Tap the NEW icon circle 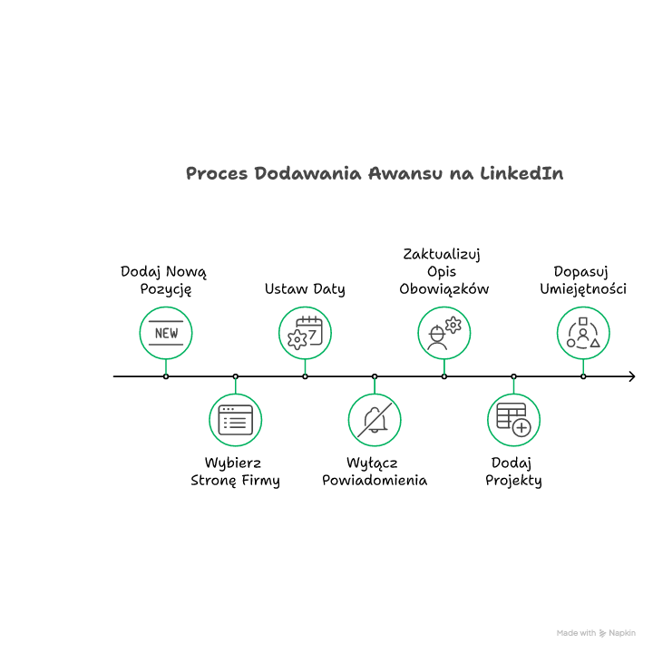click(x=166, y=333)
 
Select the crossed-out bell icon click(x=375, y=420)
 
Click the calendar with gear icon click(x=305, y=333)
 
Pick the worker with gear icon click(x=444, y=333)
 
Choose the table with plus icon click(x=513, y=420)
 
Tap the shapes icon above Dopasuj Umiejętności click(x=583, y=333)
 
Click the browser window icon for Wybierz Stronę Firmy click(x=235, y=420)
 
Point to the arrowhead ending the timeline click(x=630, y=375)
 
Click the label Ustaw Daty click(x=305, y=289)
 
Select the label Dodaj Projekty click(x=513, y=472)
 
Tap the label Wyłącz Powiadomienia click(x=375, y=472)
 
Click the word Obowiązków click(x=444, y=289)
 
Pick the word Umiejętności click(x=583, y=289)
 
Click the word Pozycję click(x=166, y=289)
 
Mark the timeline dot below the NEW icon click(x=166, y=375)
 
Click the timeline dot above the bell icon click(x=375, y=375)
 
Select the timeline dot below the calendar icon click(x=305, y=375)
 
